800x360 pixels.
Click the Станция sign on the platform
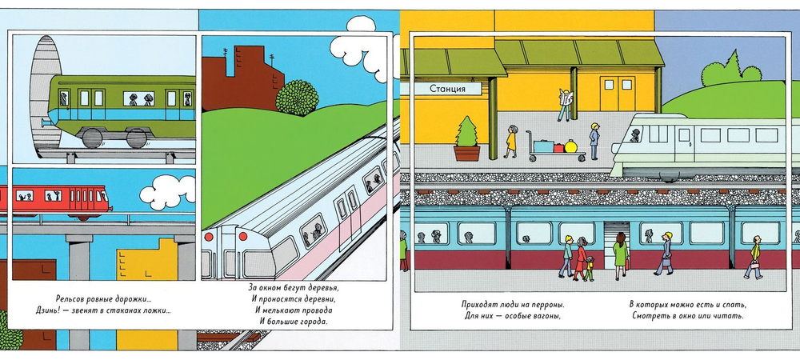click(447, 89)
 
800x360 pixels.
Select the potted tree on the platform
click(467, 138)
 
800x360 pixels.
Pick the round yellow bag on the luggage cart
click(570, 146)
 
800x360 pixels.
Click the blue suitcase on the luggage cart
click(543, 146)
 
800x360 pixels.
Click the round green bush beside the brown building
click(297, 98)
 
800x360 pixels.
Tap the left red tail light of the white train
click(208, 237)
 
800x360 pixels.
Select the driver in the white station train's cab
click(634, 136)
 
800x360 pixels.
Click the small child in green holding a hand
click(590, 268)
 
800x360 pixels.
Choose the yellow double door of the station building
click(617, 94)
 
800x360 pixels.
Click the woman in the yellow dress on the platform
click(511, 142)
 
